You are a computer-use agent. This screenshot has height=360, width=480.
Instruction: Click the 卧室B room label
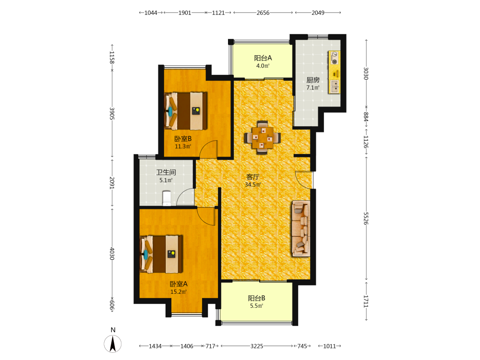click(183, 139)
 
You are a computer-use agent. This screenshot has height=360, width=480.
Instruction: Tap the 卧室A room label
click(179, 284)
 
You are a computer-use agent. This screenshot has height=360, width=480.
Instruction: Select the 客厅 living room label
click(253, 177)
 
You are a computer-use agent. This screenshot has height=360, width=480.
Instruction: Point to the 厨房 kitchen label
click(313, 80)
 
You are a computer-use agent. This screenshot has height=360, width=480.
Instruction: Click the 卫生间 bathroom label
click(166, 172)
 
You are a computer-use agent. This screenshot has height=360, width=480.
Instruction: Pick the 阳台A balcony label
click(263, 58)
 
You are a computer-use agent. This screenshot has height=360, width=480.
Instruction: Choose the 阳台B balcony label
click(256, 298)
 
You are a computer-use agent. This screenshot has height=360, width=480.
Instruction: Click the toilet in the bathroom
click(167, 198)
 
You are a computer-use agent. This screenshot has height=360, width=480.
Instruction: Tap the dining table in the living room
click(263, 137)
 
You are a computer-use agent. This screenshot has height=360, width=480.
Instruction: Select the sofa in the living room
click(300, 228)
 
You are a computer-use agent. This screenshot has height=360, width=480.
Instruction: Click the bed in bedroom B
click(185, 111)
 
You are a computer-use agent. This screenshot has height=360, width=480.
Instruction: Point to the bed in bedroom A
click(161, 254)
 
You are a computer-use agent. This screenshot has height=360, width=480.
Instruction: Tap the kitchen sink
click(335, 86)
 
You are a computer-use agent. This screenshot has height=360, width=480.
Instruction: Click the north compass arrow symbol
click(113, 344)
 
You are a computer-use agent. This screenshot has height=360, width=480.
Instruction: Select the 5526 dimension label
click(366, 218)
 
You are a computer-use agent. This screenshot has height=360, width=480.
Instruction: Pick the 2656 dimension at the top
click(263, 13)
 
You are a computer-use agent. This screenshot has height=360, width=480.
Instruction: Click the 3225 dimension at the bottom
click(256, 346)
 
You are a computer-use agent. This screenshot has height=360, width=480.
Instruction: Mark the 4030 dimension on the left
click(112, 253)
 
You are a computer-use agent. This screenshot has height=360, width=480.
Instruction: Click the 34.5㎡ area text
click(253, 185)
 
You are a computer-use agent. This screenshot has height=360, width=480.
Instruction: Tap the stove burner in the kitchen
click(335, 61)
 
